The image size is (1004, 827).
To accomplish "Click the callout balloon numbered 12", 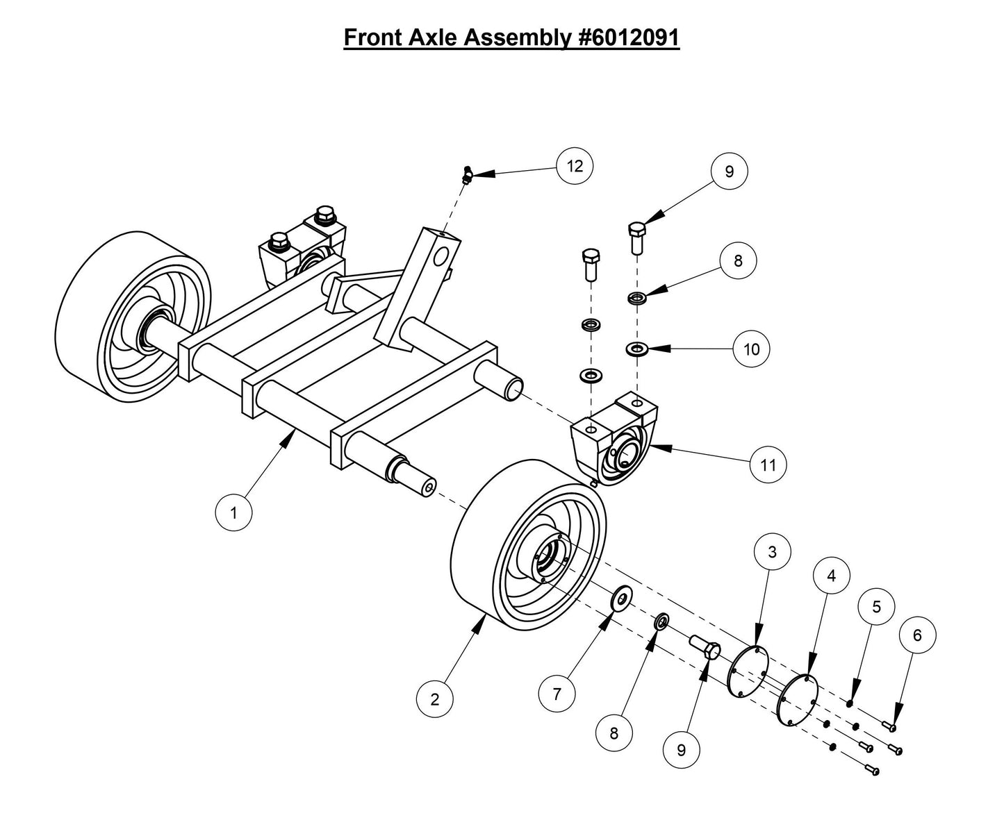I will [575, 166].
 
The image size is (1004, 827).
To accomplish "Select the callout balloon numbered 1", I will [234, 513].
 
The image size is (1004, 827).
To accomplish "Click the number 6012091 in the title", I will [629, 37].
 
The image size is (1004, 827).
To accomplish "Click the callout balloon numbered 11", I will [768, 465].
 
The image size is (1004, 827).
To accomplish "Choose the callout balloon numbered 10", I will [752, 349].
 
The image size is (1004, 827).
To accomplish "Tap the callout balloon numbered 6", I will [917, 635].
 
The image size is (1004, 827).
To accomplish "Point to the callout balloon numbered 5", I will [876, 607].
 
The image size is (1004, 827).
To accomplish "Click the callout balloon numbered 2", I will [435, 699].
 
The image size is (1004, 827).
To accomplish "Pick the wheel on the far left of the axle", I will [132, 317].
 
